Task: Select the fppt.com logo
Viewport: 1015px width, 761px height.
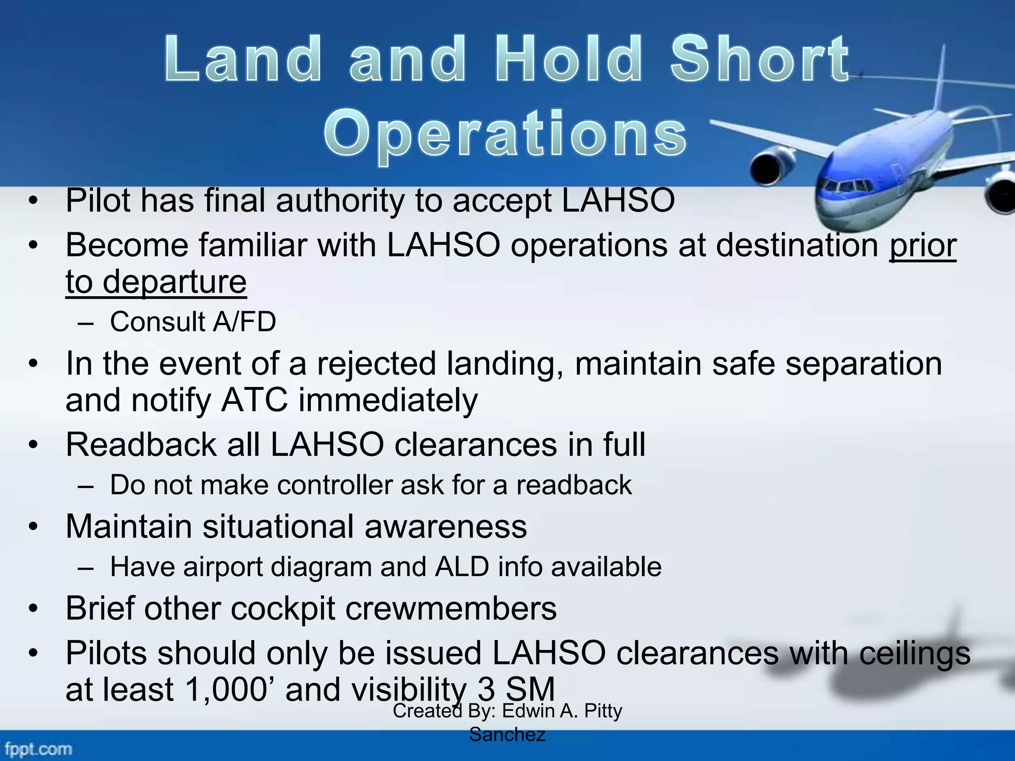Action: [38, 748]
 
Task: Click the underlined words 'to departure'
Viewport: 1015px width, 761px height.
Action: [156, 281]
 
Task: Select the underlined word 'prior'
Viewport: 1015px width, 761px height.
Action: [922, 246]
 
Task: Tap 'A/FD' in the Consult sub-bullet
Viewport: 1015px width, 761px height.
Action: [244, 322]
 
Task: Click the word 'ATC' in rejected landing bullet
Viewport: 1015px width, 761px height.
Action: [254, 400]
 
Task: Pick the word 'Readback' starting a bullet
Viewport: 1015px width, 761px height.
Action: [141, 444]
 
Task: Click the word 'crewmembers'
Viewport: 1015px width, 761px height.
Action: [451, 608]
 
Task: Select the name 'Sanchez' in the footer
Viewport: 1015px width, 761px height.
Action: [507, 735]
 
